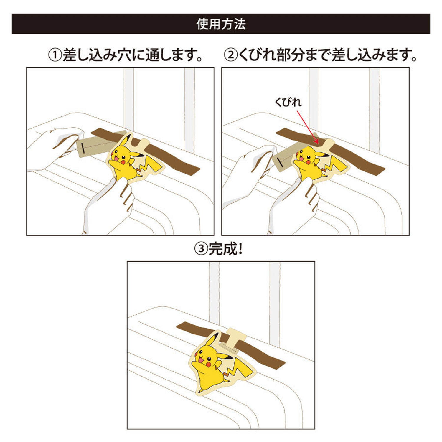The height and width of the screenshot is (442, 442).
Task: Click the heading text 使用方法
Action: (x=221, y=24)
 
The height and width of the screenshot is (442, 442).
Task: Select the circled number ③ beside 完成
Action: (x=201, y=249)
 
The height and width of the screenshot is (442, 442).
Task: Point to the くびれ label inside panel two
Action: (x=288, y=102)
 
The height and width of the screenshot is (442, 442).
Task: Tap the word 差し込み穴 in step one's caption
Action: (x=97, y=55)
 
